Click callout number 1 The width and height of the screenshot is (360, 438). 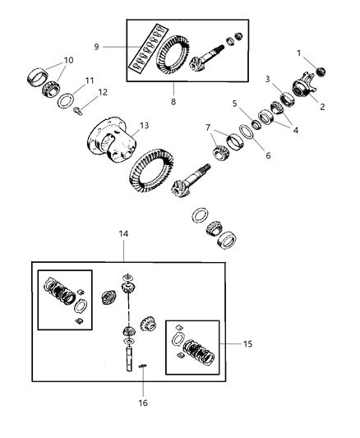click(298, 53)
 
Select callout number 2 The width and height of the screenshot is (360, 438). click(322, 106)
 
